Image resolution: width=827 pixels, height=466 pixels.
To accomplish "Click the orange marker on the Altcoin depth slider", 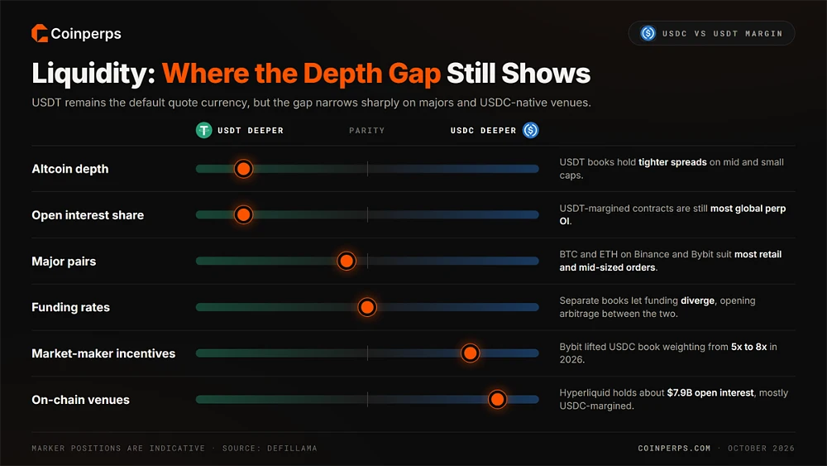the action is pyautogui.click(x=243, y=169).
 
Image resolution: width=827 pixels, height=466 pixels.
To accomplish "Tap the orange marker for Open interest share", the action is pyautogui.click(x=243, y=215).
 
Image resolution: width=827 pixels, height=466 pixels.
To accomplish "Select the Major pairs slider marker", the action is pyautogui.click(x=347, y=261).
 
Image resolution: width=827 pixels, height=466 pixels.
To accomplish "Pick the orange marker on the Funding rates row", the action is pyautogui.click(x=367, y=307).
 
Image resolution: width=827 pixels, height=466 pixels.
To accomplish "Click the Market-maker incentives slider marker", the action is pyautogui.click(x=470, y=353).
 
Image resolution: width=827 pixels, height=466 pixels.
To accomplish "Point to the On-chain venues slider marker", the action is pyautogui.click(x=497, y=400).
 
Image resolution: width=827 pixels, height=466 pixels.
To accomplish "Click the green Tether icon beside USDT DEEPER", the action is pyautogui.click(x=204, y=130).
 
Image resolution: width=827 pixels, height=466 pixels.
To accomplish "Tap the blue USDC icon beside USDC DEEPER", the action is pyautogui.click(x=531, y=130).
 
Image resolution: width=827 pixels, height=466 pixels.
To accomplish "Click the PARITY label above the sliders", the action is pyautogui.click(x=367, y=130).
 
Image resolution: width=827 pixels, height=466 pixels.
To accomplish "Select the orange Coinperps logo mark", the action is pyautogui.click(x=40, y=33).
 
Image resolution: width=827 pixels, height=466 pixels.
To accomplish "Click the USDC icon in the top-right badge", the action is pyautogui.click(x=648, y=33).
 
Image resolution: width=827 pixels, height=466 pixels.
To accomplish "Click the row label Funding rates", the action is pyautogui.click(x=70, y=307).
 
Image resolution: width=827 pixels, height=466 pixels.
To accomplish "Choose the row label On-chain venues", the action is pyautogui.click(x=81, y=400).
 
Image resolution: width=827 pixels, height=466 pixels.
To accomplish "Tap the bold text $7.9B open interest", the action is pyautogui.click(x=710, y=392).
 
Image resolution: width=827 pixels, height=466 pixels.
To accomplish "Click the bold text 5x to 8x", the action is pyautogui.click(x=749, y=347).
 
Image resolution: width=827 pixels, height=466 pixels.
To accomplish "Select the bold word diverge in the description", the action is pyautogui.click(x=697, y=300).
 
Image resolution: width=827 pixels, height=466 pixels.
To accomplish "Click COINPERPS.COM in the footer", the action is pyautogui.click(x=674, y=448).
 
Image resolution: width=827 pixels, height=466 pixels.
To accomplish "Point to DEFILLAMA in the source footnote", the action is pyautogui.click(x=292, y=448).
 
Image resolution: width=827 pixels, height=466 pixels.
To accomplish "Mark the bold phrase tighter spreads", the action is pyautogui.click(x=672, y=162).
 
